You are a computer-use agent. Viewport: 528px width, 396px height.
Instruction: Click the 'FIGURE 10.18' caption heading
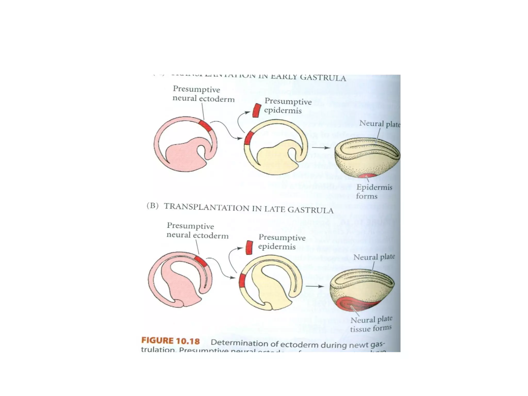pos(170,341)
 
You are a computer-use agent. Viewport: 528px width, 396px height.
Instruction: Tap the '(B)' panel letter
pos(152,206)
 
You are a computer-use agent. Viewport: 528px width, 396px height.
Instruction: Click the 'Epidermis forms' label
pos(374,192)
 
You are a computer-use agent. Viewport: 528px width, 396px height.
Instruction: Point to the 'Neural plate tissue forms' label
pos(371,324)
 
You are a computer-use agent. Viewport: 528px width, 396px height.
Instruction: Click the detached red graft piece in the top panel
pos(257,110)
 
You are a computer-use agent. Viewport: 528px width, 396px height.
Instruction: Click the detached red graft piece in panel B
pos(249,247)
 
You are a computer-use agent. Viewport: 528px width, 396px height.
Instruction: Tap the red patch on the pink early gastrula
pos(205,126)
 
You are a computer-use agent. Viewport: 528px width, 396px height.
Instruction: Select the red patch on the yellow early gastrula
pos(248,138)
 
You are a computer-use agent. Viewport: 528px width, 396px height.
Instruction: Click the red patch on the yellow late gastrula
pos(242,280)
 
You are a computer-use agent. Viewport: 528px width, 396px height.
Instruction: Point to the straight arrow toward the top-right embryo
pos(321,148)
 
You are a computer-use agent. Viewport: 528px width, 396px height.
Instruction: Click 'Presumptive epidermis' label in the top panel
pos(288,106)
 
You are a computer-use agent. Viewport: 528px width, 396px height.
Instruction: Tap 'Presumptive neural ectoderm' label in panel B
pos(197,230)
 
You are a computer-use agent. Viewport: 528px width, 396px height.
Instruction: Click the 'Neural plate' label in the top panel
pos(379,124)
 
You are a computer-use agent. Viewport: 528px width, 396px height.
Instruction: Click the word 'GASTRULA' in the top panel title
pos(323,78)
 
